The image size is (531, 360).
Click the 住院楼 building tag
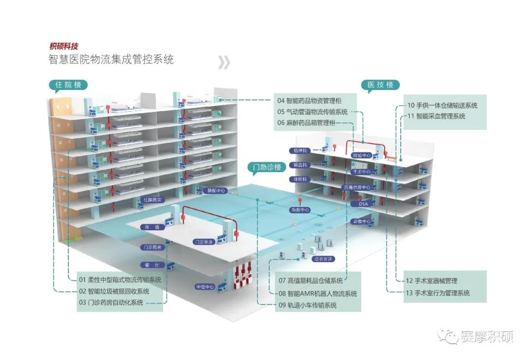68,85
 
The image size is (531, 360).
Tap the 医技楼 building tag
381,85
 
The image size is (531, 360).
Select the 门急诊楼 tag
266,167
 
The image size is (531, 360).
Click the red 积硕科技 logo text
63,47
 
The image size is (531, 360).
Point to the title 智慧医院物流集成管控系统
111,60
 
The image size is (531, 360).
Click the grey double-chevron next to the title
224,62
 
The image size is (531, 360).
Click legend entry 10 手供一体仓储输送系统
442,105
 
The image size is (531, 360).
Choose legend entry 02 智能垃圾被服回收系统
114,291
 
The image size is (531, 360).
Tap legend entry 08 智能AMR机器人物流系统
318,294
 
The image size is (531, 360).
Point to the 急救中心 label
300,210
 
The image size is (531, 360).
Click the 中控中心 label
205,286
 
